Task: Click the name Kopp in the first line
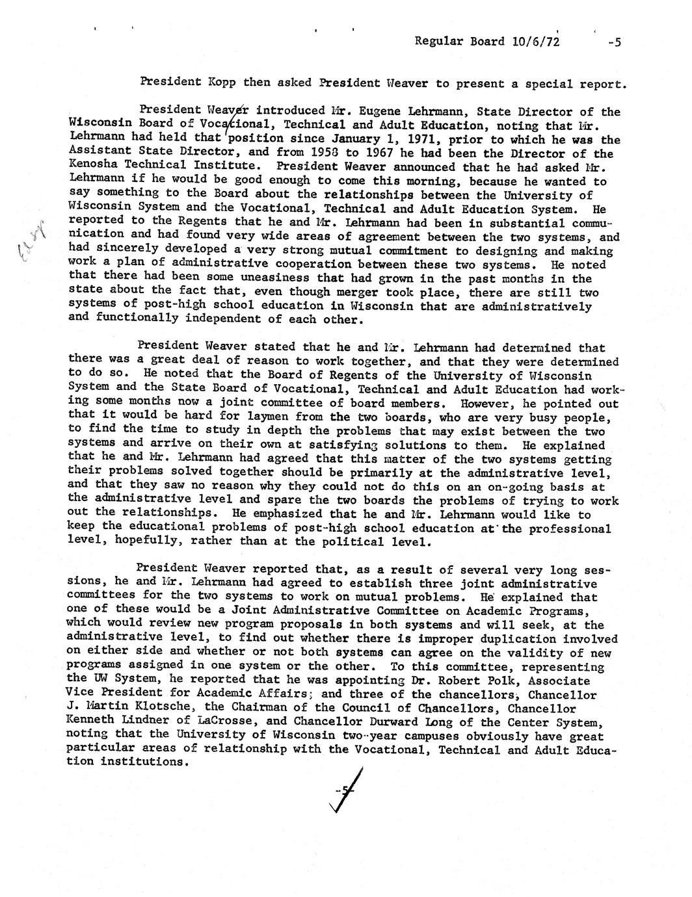click(221, 83)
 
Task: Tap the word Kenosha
click(92, 167)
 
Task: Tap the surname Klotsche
click(169, 708)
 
